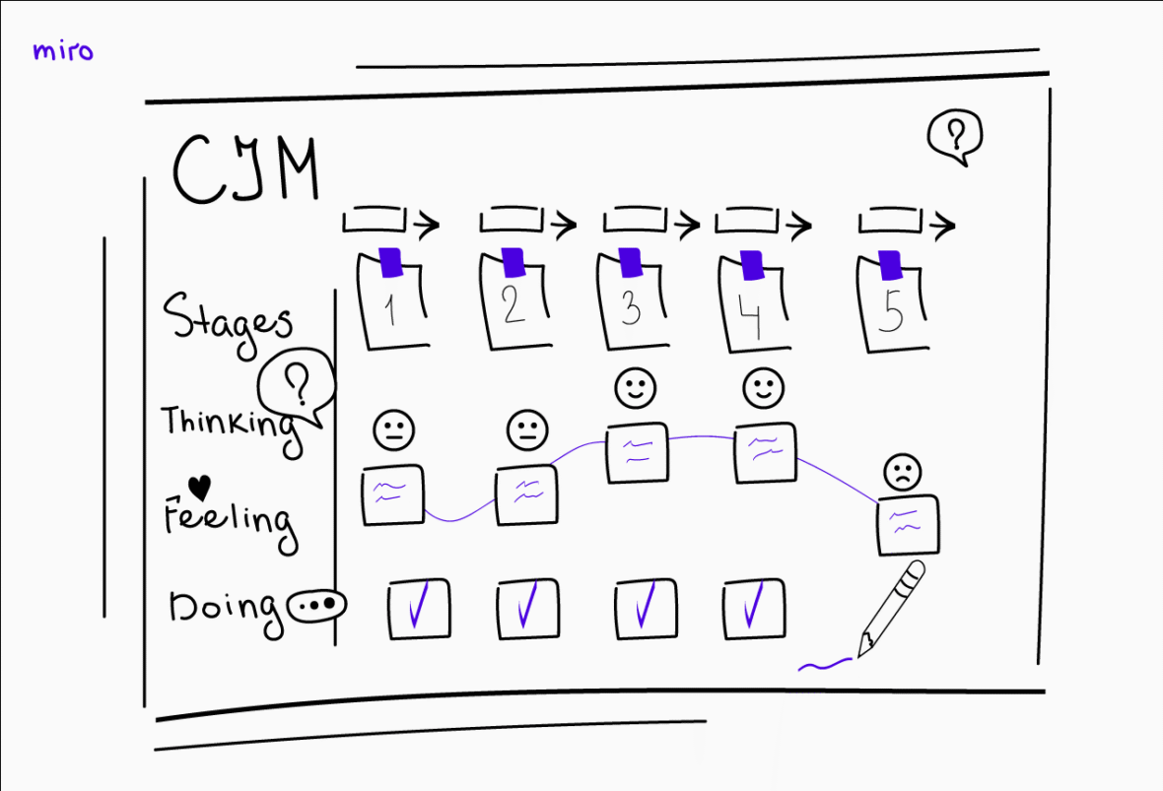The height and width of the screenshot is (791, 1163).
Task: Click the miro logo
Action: tap(63, 51)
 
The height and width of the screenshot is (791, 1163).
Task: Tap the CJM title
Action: tap(246, 169)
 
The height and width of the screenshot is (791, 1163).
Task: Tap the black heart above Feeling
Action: tap(199, 488)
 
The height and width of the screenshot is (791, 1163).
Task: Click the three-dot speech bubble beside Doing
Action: tap(316, 605)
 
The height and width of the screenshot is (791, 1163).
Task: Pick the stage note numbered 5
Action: tap(892, 301)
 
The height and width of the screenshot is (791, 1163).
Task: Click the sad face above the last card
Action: tap(903, 472)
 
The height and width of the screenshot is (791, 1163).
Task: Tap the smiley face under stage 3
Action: tap(636, 388)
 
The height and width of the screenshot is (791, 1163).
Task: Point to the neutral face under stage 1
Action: tap(394, 429)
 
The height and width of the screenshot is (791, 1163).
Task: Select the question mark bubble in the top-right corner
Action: tap(955, 137)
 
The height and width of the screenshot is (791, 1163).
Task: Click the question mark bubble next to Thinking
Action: tap(297, 387)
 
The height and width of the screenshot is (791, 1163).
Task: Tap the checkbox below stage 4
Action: tap(754, 609)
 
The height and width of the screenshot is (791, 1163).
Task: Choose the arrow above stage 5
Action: tap(907, 222)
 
